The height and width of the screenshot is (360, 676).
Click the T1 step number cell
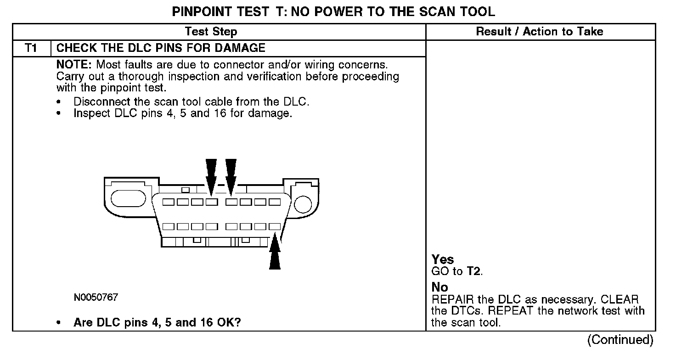pos(31,48)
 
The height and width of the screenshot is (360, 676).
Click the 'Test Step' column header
pos(211,32)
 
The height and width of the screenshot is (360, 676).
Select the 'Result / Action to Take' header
pos(540,32)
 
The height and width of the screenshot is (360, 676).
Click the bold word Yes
pos(443,259)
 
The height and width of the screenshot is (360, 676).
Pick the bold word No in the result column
pos(439,287)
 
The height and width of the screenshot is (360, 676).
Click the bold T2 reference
pos(474,271)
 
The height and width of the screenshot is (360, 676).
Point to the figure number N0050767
pos(96,298)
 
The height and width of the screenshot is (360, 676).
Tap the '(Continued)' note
pos(620,340)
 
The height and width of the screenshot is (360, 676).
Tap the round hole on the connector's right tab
pos(303,202)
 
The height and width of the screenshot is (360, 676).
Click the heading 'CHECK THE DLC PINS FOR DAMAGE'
pos(161,48)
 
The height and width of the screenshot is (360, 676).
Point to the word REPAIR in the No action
pos(453,300)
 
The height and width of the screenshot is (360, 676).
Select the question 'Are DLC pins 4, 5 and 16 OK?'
pos(157,322)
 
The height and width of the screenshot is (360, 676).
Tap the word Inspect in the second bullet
pos(92,113)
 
